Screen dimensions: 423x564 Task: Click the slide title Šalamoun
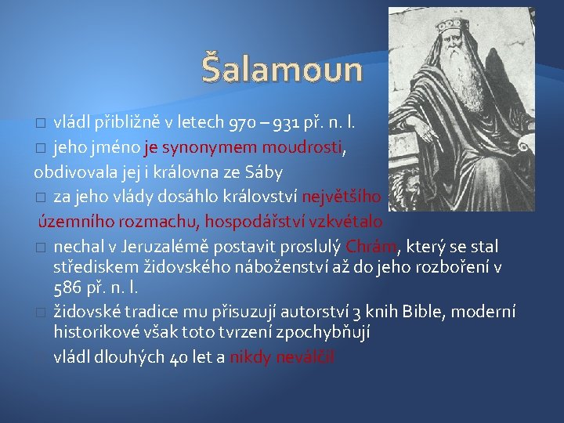click(x=282, y=68)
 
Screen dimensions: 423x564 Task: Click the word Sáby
click(x=264, y=171)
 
